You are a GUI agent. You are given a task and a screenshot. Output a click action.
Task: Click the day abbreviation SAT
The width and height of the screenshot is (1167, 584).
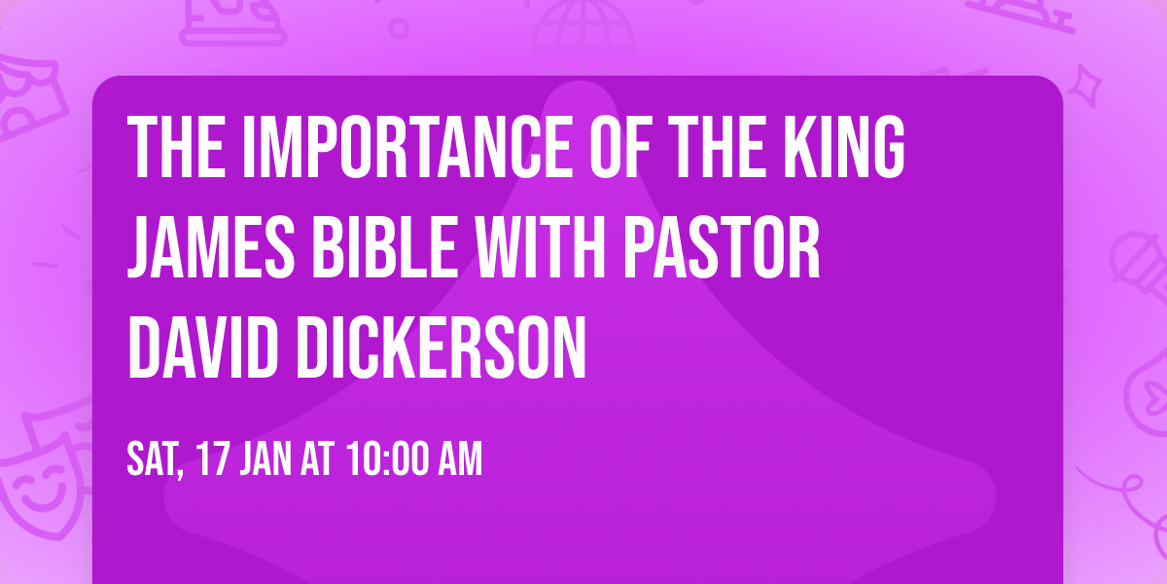(x=156, y=459)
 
